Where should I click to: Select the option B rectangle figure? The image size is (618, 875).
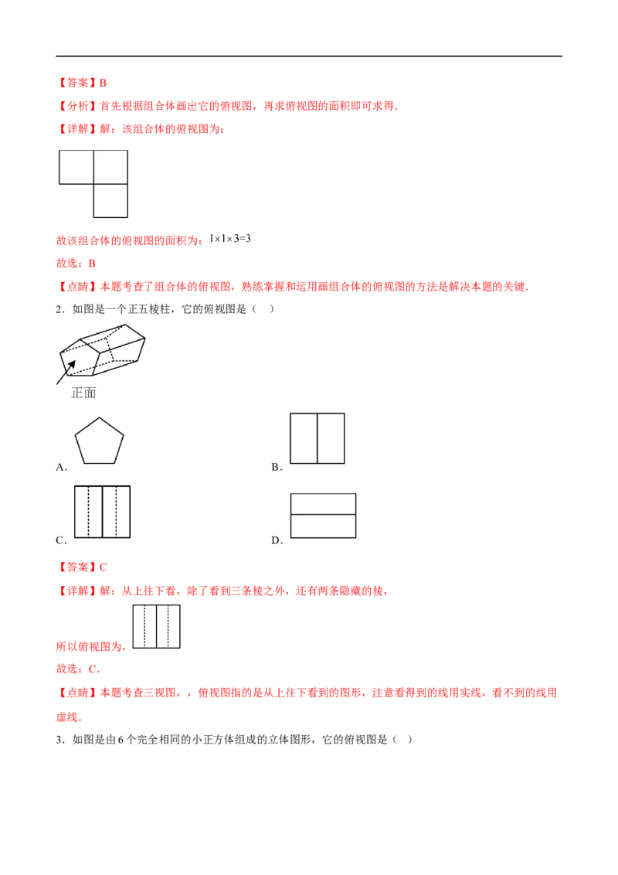pos(317,438)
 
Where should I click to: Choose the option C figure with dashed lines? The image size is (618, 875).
pos(102,512)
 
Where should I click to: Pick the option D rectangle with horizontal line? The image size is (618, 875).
pos(324,516)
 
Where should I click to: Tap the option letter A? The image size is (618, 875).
pos(61,467)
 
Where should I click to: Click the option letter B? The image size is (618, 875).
pos(277,467)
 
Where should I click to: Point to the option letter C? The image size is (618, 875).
pos(61,540)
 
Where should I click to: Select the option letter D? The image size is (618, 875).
pos(277,540)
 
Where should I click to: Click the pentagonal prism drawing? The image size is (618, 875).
pos(102,350)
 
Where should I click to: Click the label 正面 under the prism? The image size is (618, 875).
pos(83,393)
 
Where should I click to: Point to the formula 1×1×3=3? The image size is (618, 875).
pos(229,238)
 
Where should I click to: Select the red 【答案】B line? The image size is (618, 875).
pos(81,83)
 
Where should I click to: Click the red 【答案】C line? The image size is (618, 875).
pos(81,567)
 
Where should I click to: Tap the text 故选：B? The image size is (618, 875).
pos(76,263)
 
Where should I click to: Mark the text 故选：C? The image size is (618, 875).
pos(78,669)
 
